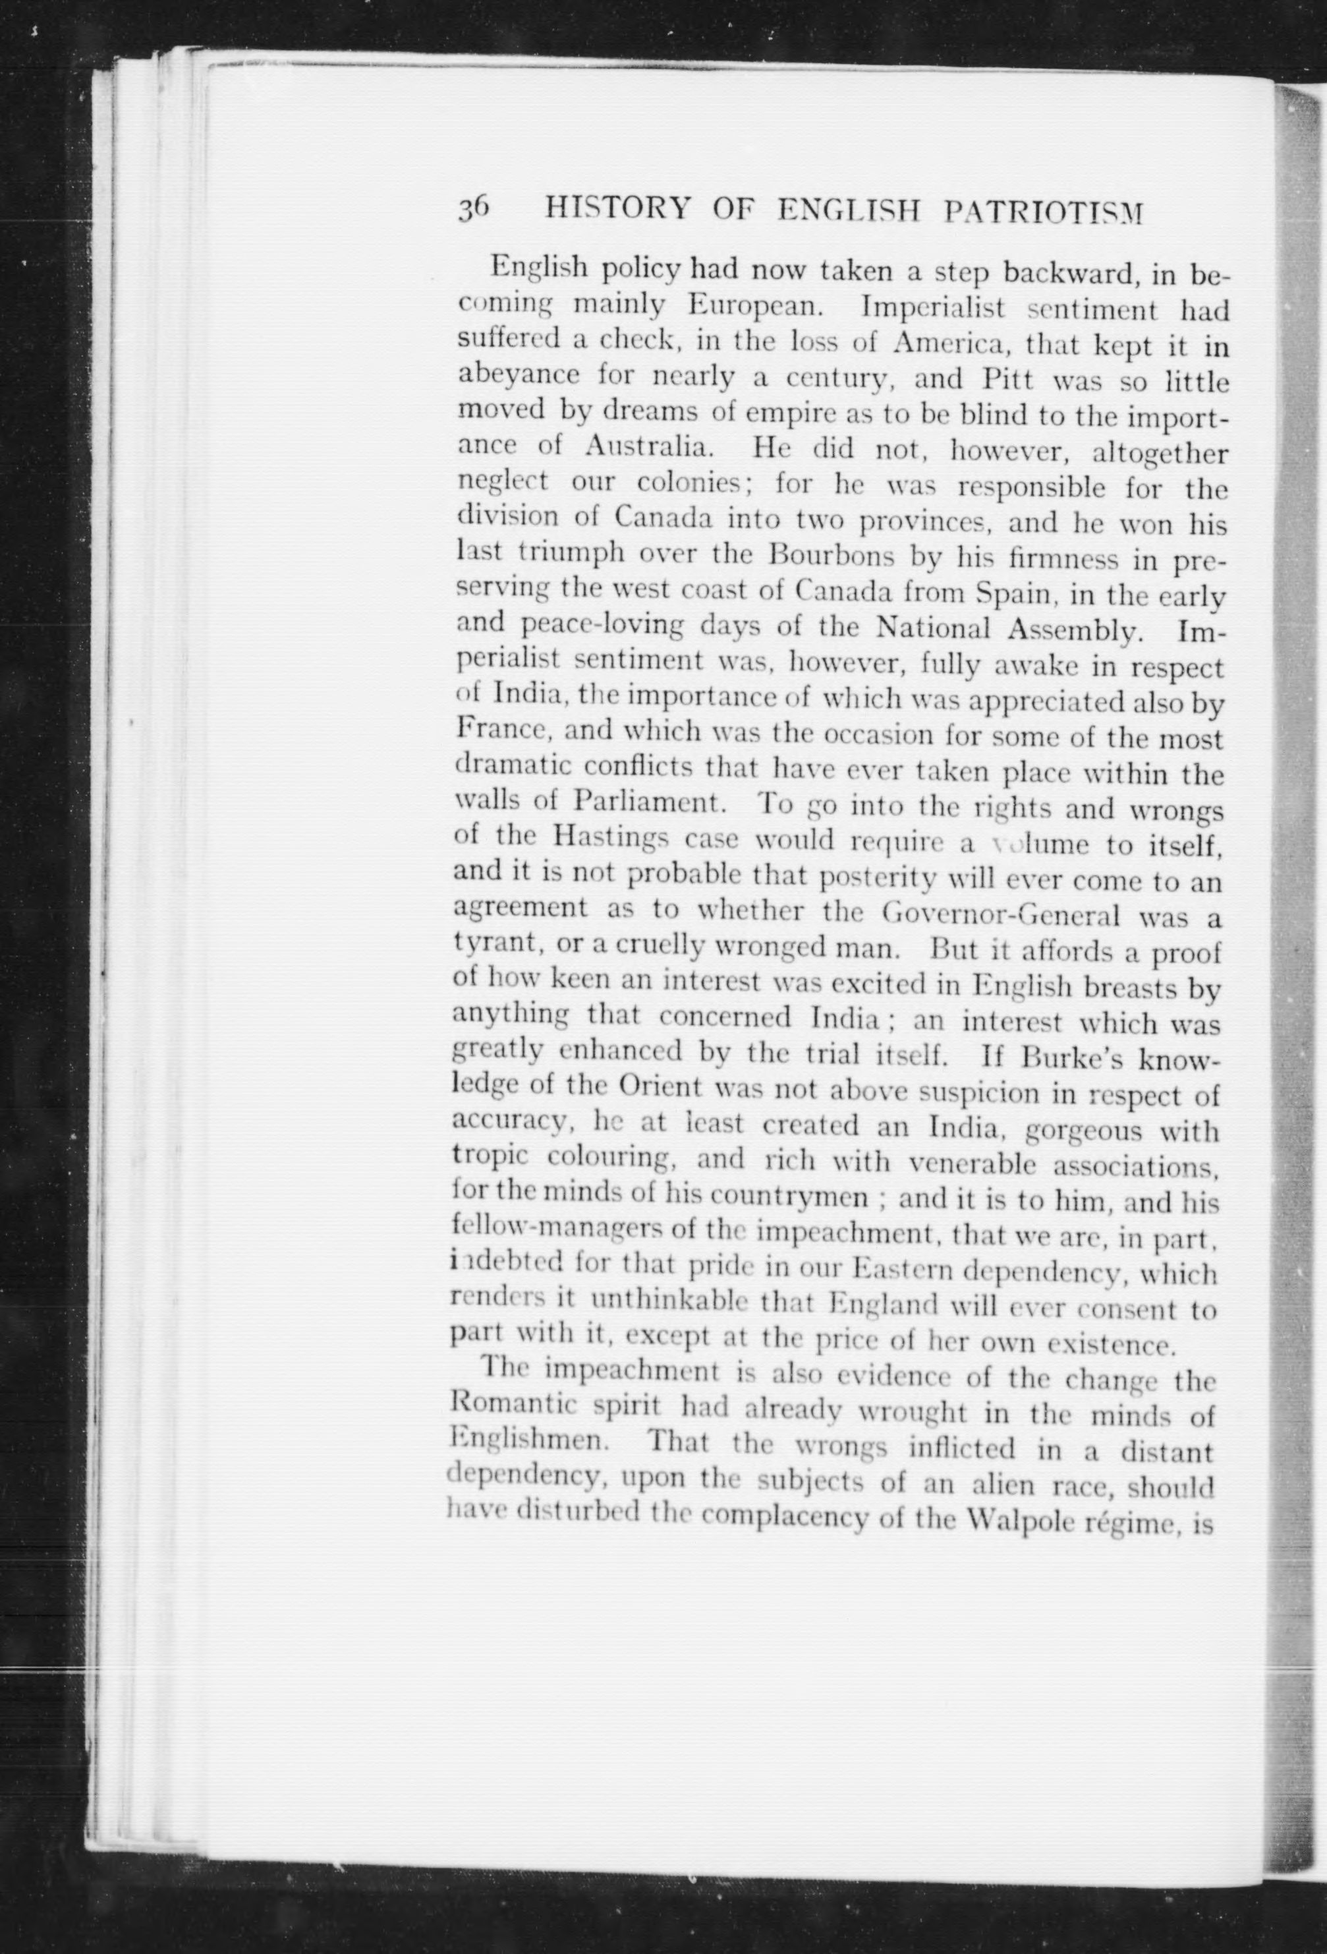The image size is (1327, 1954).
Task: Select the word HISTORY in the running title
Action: (605, 207)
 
